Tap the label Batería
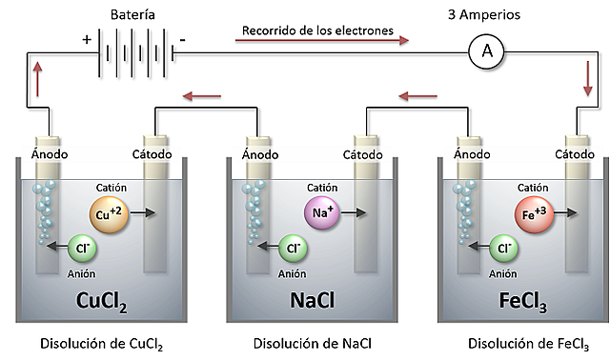tap(133, 15)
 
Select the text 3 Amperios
tap(486, 15)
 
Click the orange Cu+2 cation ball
tap(107, 213)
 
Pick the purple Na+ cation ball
tap(320, 213)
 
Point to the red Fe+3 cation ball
tap(533, 213)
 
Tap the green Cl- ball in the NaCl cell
tap(293, 249)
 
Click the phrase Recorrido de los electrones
tap(317, 30)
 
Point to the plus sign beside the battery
tap(87, 41)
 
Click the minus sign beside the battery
tap(182, 40)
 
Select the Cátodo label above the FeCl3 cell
tap(575, 154)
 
